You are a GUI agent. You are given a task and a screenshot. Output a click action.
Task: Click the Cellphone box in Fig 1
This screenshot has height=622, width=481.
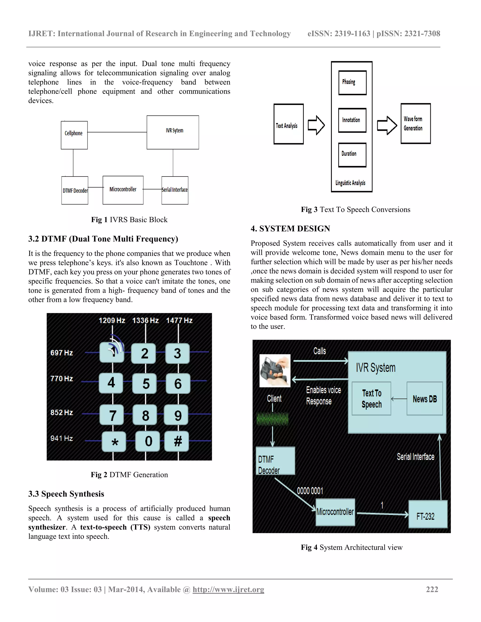(x=74, y=135)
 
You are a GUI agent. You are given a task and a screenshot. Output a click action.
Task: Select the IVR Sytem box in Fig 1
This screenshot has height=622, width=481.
(x=173, y=132)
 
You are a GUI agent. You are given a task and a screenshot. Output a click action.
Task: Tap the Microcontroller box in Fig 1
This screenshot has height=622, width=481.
(x=123, y=190)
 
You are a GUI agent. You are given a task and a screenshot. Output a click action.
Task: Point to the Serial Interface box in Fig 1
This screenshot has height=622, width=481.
(x=175, y=190)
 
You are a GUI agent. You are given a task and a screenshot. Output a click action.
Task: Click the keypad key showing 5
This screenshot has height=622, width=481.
(x=145, y=384)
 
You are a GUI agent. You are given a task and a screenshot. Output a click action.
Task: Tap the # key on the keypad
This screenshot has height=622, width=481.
(x=177, y=442)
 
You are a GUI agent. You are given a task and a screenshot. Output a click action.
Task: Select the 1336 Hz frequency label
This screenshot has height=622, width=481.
(x=145, y=320)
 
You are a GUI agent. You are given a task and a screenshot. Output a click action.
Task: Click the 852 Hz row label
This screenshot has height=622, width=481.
(x=62, y=412)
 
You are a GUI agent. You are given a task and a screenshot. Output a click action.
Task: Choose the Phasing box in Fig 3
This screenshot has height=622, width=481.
(x=352, y=83)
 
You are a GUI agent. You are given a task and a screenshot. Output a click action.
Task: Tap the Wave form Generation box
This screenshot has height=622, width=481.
(x=415, y=124)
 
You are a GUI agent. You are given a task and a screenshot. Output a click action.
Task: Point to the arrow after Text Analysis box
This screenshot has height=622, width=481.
(x=316, y=125)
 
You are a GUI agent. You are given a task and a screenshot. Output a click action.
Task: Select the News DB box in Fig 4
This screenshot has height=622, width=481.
(x=425, y=399)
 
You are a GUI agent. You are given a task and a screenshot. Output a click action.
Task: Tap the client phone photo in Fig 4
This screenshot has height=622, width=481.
(x=275, y=371)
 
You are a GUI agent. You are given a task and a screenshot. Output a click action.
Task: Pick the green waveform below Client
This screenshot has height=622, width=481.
(x=272, y=419)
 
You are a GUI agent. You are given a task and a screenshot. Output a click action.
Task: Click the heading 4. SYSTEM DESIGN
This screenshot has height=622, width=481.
(x=290, y=228)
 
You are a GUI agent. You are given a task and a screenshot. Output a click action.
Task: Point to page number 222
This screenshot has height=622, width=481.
(x=432, y=589)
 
